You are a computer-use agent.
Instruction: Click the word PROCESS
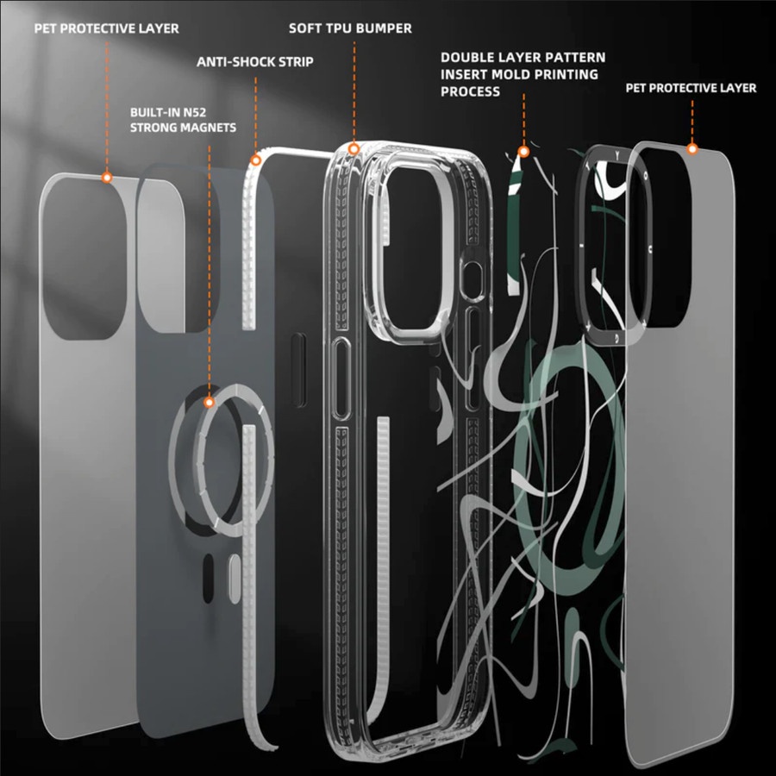point(471,91)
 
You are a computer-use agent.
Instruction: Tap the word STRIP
point(295,62)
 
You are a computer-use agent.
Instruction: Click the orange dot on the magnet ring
point(210,402)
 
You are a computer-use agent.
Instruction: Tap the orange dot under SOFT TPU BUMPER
point(354,149)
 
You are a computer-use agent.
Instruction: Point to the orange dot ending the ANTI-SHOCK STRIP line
point(255,160)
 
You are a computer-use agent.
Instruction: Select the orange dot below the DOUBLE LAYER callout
point(523,152)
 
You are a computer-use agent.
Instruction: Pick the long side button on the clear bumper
point(341,379)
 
